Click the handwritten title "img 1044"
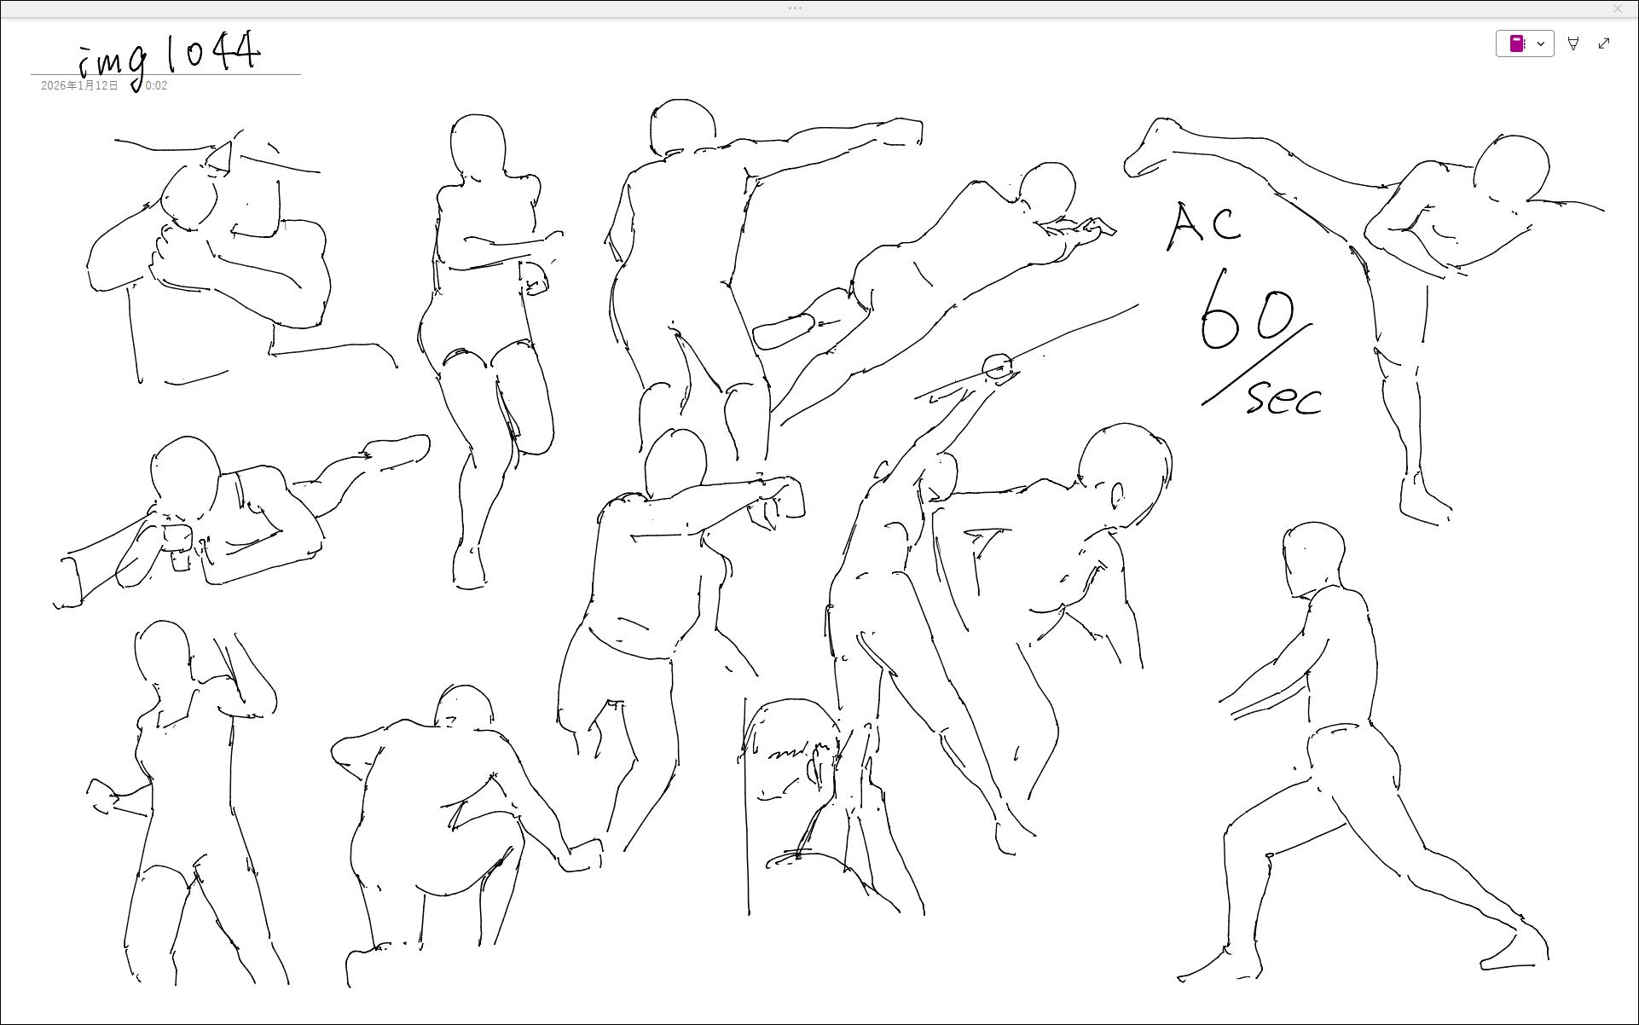(169, 58)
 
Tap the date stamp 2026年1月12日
(79, 86)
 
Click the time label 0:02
(156, 86)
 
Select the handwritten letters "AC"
(1203, 226)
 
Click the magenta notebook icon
(1517, 43)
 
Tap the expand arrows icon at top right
(1604, 43)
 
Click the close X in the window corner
(1617, 9)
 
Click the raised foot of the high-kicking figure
(1151, 148)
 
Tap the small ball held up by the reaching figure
(997, 368)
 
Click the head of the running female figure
(478, 147)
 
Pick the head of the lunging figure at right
(1313, 559)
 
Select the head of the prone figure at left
(185, 478)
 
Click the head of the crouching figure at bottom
(464, 705)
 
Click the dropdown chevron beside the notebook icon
(1541, 43)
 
